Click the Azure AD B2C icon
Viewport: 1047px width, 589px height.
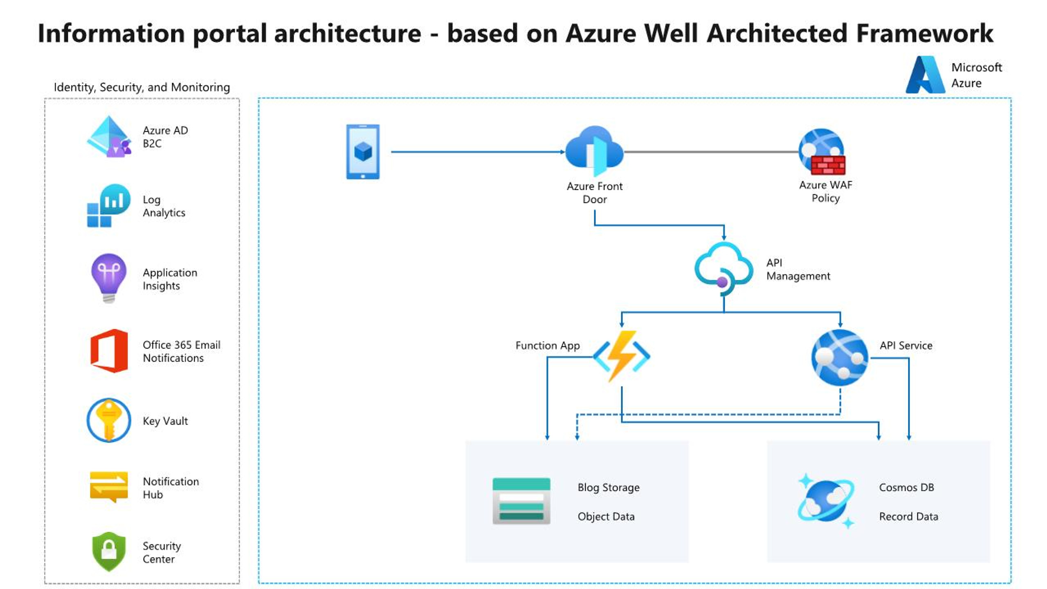[108, 137]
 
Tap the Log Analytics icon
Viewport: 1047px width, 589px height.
[109, 205]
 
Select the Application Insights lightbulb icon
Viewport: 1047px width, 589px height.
[108, 277]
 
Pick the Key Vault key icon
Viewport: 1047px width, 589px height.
[109, 420]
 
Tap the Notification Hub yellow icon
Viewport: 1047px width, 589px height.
[109, 486]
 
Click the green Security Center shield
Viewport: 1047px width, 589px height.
[109, 551]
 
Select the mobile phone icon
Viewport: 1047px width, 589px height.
[363, 152]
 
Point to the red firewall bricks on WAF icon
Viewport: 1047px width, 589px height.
[828, 165]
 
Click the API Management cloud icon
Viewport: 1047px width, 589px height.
[723, 268]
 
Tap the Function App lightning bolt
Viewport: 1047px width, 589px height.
[621, 355]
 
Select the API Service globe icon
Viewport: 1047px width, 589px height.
[840, 357]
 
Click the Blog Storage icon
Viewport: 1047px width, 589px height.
[521, 501]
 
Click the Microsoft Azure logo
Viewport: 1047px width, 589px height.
[925, 75]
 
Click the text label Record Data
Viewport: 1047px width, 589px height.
[908, 517]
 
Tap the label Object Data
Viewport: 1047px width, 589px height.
[606, 517]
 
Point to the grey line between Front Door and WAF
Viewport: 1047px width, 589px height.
[712, 152]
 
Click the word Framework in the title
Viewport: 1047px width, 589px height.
[924, 34]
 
